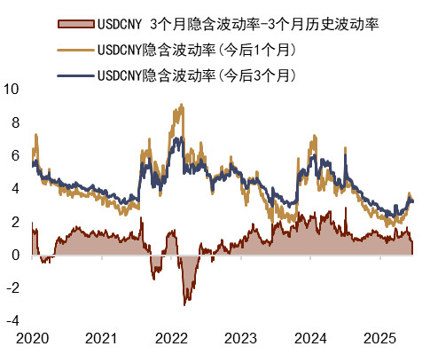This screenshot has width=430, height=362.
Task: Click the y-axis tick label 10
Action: coord(12,90)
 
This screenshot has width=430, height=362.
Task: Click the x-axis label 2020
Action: coord(32,339)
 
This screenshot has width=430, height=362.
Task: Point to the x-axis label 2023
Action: coord(240,339)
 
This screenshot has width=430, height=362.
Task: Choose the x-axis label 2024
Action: coord(309,339)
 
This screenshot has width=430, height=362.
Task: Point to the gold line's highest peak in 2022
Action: coord(182,105)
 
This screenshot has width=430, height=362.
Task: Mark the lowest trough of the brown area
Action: coord(184,305)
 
